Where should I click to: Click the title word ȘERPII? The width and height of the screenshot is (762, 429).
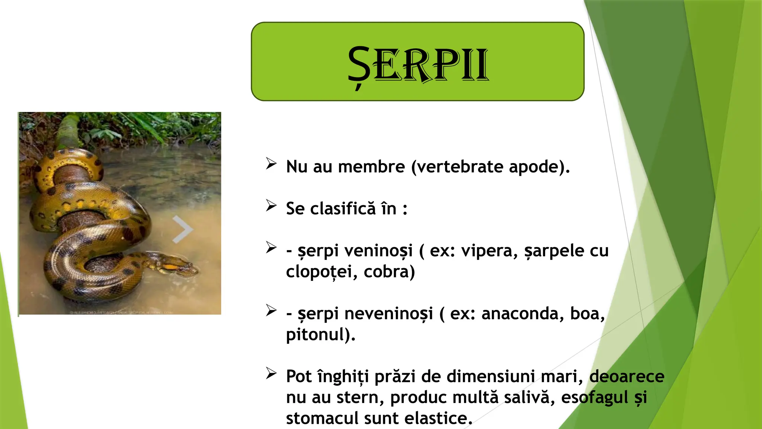point(417,64)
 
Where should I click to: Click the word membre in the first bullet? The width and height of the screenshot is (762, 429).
point(371,167)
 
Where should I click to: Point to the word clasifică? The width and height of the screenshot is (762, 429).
point(343,209)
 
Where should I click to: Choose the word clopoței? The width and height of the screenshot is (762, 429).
point(319,272)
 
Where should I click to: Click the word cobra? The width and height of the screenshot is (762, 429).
point(389,272)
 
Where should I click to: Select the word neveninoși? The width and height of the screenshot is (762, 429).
point(388,314)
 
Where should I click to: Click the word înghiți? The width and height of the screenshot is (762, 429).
point(343,377)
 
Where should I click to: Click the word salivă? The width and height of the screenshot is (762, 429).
point(527,398)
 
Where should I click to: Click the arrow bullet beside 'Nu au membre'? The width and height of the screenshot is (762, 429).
point(271,164)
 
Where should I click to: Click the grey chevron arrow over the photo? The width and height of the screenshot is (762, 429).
point(182,229)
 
